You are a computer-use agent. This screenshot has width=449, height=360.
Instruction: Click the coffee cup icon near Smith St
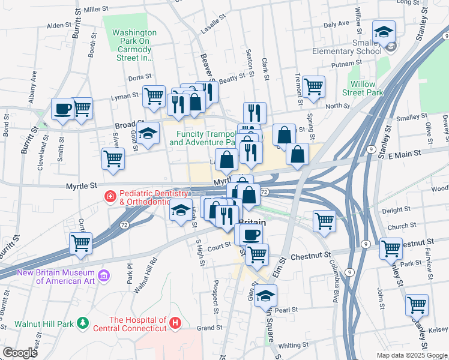click(x=62, y=109)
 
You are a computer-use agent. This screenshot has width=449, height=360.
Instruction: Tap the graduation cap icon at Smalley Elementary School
click(x=384, y=32)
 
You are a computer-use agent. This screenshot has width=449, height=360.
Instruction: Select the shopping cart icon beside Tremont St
click(x=313, y=87)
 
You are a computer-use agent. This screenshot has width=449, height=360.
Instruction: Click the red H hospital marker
click(x=175, y=323)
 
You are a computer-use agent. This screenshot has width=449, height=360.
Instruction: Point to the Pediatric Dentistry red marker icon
click(x=110, y=196)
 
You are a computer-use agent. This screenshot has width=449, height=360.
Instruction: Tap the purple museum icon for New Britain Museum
click(x=104, y=277)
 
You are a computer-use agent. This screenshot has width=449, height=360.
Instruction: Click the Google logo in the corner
click(x=20, y=353)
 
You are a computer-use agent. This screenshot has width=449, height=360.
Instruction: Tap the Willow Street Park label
click(x=363, y=88)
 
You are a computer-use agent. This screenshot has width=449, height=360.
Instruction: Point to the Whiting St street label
click(x=293, y=345)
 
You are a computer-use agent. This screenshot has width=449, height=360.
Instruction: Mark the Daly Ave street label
click(x=336, y=24)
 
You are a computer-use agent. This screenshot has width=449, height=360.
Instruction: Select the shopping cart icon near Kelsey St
click(x=417, y=305)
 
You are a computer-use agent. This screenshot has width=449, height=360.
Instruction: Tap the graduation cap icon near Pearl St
click(x=265, y=295)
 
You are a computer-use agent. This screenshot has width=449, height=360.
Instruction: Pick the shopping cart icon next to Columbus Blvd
click(x=324, y=220)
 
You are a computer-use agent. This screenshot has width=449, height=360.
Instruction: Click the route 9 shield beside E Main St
click(x=373, y=148)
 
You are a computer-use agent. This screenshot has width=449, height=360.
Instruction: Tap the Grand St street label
click(x=209, y=328)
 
